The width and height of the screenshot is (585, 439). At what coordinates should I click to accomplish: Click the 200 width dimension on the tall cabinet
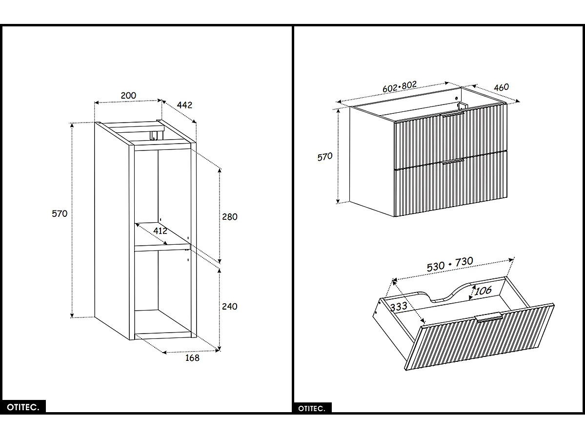pos(128,96)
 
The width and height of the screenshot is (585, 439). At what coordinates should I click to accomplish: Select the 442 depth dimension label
pos(185,105)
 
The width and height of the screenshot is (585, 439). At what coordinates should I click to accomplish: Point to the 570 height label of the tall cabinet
pos(60,213)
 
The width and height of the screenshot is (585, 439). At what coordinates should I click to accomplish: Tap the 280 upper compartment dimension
pos(229,216)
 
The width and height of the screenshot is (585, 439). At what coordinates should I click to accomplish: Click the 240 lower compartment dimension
pos(229,307)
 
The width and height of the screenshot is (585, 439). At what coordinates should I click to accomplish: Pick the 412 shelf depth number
pos(160,230)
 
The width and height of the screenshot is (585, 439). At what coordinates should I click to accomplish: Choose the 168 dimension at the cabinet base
pos(192,357)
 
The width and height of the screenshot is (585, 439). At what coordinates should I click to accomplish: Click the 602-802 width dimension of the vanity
pos(400,86)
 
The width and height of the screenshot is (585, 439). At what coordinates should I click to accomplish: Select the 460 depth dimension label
pos(501,87)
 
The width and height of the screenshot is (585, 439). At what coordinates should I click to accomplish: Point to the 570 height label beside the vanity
pos(324,157)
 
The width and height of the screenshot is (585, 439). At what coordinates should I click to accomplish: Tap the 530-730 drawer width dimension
pos(450,264)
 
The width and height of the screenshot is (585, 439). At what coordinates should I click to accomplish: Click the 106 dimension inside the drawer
pos(483,291)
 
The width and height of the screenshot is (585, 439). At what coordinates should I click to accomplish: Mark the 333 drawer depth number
pos(399,307)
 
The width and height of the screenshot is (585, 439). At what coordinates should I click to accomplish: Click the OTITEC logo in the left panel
pos(23,407)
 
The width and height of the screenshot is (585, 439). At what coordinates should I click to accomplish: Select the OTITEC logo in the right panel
pos(312,408)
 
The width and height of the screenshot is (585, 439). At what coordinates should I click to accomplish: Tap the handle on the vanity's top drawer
pos(452,114)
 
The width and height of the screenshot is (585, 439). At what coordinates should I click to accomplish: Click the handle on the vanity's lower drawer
pos(453,161)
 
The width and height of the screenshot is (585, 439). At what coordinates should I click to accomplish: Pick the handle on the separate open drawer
pos(489,317)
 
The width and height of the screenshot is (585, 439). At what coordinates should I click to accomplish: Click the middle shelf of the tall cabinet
pos(163,247)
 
